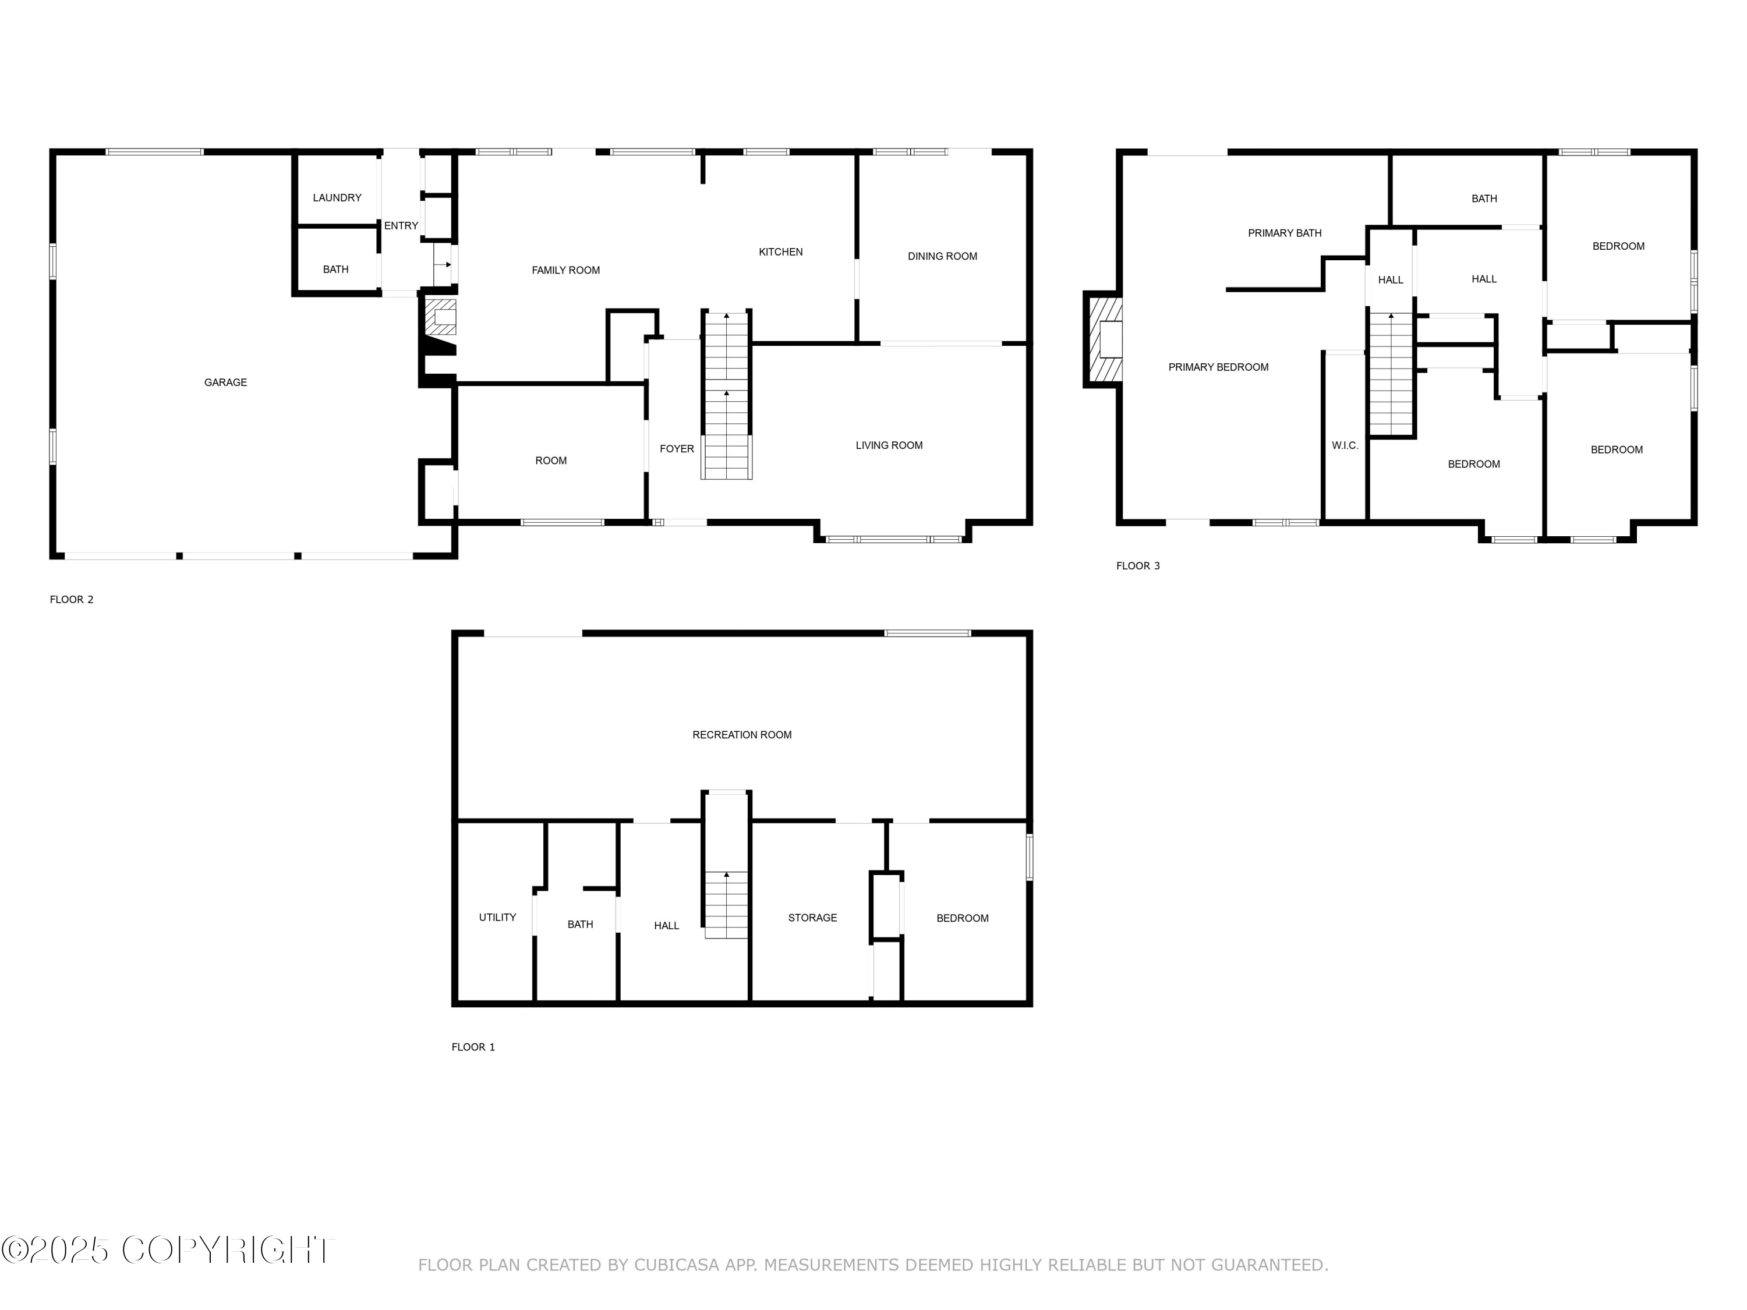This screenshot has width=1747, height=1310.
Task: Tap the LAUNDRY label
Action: click(337, 198)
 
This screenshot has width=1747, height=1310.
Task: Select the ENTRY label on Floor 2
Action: click(401, 226)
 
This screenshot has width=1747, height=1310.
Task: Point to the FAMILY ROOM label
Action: click(565, 271)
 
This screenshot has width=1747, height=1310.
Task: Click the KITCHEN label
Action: click(780, 253)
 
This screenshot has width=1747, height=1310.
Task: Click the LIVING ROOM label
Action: click(889, 446)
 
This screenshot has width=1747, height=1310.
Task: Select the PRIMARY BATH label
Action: click(1284, 233)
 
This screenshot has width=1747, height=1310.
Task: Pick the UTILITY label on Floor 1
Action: click(497, 918)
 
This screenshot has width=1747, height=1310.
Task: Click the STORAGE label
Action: click(812, 918)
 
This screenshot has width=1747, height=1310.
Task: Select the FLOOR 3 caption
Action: click(1137, 566)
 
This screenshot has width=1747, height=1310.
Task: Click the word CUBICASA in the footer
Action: click(677, 1266)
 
